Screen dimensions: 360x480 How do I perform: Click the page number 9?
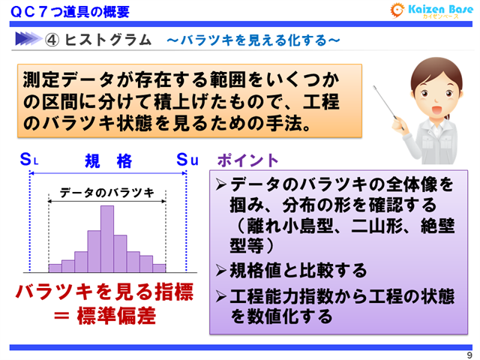(x=469, y=355)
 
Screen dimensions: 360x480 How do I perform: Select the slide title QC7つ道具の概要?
(x=70, y=11)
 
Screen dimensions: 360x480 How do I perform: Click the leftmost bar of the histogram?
(x=55, y=267)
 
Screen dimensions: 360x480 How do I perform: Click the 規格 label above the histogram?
(x=108, y=160)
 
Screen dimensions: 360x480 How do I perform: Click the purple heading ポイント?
(x=247, y=160)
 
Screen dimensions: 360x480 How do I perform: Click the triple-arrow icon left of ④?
(x=28, y=39)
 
